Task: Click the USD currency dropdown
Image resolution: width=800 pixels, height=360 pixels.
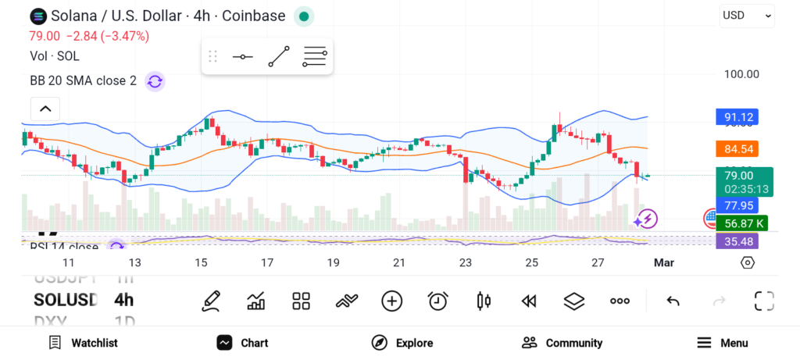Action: [747, 15]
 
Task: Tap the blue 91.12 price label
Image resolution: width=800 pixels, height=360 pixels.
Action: [738, 118]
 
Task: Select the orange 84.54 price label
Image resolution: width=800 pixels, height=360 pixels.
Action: [738, 148]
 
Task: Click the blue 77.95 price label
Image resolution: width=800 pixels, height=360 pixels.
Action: [738, 205]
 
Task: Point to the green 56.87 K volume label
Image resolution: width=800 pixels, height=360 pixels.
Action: [744, 223]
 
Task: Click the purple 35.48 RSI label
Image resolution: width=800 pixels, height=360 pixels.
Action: [738, 241]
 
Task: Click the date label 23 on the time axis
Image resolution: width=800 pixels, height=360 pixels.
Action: [466, 262]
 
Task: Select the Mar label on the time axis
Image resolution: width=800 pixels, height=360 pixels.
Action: [663, 262]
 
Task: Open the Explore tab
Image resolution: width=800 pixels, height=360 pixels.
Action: [402, 343]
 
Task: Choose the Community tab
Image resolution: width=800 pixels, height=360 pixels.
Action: [562, 343]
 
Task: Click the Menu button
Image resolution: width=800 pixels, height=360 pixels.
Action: [723, 343]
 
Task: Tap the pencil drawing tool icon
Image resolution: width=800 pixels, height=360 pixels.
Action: [210, 301]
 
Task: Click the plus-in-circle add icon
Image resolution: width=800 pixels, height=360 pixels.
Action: [391, 301]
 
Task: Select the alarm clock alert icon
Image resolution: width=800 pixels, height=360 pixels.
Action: [437, 301]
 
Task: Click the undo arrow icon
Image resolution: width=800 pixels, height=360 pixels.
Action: [673, 301]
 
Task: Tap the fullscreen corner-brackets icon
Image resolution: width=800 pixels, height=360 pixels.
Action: [764, 301]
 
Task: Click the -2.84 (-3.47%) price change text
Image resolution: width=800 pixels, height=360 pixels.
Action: [108, 36]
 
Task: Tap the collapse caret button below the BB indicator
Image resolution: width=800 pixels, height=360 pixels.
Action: [45, 109]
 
